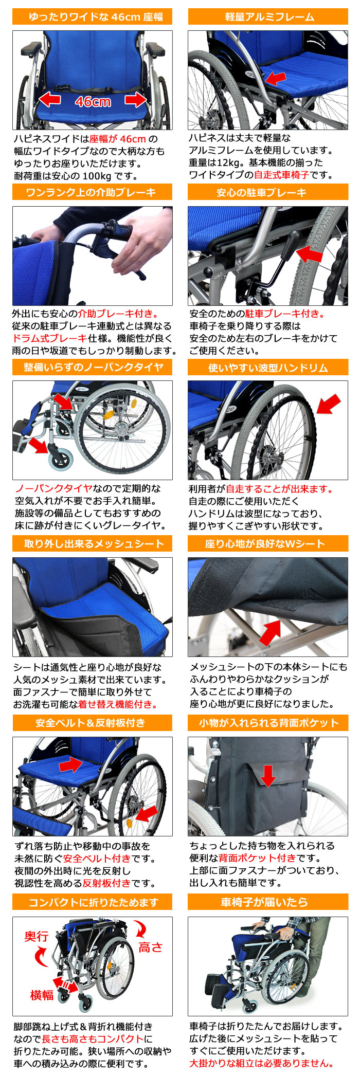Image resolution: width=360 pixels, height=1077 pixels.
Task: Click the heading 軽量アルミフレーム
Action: coord(268,17)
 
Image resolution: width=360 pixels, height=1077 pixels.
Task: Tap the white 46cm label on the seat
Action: coord(93,101)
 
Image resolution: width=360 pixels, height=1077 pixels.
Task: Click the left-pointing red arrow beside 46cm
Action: coord(50,99)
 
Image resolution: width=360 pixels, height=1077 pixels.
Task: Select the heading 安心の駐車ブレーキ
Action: coord(268,193)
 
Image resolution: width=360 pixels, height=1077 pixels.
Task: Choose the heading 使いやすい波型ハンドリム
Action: coord(268,368)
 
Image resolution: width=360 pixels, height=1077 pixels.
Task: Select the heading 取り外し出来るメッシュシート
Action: coord(93,544)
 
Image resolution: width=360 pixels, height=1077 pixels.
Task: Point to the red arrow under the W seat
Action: coord(270,633)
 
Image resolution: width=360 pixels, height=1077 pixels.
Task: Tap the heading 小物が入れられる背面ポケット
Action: coord(268,723)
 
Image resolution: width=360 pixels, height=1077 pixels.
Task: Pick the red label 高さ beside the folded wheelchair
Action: coord(150,947)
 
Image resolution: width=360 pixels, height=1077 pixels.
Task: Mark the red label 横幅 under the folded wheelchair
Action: coord(41,995)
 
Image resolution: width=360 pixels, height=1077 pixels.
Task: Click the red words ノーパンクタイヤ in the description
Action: coord(53,488)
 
